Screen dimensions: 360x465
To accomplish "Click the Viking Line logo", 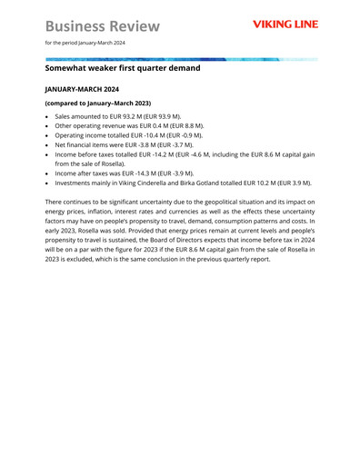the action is click(x=285, y=25).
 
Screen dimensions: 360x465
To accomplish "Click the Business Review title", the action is click(x=102, y=25).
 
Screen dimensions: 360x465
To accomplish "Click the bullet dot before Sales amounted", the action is click(x=47, y=118).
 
